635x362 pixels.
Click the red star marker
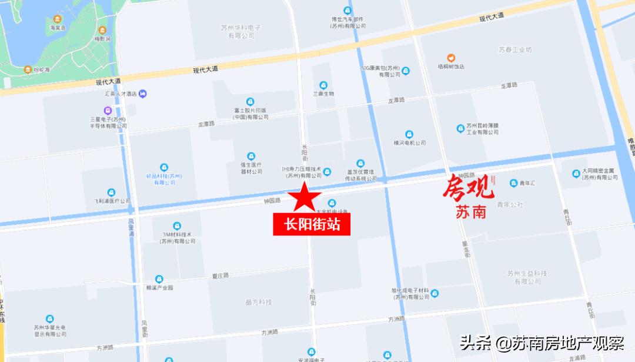[x=303, y=198]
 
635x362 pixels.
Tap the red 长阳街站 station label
[x=312, y=225]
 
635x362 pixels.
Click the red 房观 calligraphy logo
[x=469, y=188]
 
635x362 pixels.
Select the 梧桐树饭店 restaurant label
[x=451, y=67]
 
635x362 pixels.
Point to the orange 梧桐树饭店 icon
[x=451, y=58]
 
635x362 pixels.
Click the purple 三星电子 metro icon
[x=108, y=110]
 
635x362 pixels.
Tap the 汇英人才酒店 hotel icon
[x=143, y=94]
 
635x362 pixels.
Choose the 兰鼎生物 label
[x=323, y=94]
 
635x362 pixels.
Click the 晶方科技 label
[x=258, y=302]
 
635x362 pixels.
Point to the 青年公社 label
[x=509, y=205]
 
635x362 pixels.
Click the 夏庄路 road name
[x=221, y=275]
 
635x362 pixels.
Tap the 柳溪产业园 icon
[x=159, y=279]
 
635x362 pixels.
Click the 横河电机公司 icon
[x=409, y=134]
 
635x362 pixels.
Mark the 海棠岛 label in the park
[x=57, y=28]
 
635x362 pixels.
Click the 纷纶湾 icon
[x=28, y=69]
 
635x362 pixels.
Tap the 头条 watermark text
[x=475, y=343]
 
